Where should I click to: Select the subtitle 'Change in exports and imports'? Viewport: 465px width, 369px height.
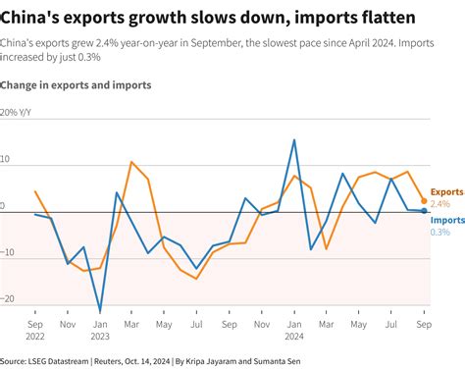tap(77, 85)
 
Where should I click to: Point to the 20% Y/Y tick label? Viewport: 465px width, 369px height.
tap(23, 112)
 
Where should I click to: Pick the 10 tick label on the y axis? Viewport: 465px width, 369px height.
tap(7, 159)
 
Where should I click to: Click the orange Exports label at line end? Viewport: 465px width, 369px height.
tap(447, 190)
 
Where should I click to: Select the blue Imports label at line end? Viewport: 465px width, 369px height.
tap(447, 220)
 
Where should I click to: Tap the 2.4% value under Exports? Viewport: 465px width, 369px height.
tap(440, 203)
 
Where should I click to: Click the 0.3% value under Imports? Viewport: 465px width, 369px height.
tap(440, 232)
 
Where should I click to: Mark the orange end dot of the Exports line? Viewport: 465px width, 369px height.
tap(424, 200)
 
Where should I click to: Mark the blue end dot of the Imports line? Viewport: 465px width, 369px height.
tap(424, 211)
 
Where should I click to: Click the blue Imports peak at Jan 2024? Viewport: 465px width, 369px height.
tap(294, 139)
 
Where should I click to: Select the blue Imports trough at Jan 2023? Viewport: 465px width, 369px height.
tap(100, 312)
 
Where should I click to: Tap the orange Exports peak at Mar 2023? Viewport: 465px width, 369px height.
tap(132, 162)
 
